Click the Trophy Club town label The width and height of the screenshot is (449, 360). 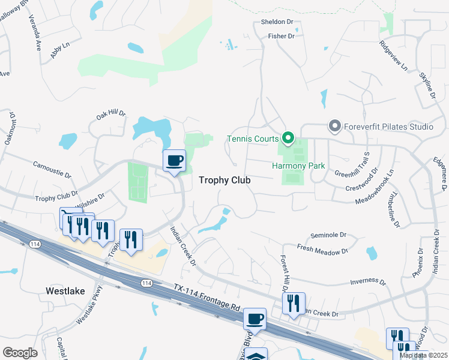pos(224,180)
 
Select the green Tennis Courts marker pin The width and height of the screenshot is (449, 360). pos(288,139)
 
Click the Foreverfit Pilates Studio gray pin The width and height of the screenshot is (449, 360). pos(334,126)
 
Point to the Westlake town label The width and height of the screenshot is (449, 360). pos(66,291)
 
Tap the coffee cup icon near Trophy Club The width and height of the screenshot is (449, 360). pos(175,160)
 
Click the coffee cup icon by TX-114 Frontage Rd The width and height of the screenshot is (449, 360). pos(255,319)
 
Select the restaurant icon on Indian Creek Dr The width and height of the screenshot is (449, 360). pos(294,303)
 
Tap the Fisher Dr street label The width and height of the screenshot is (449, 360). pos(281,37)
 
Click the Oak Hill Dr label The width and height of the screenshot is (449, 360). pos(112,113)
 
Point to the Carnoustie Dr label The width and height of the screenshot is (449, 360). pos(52,170)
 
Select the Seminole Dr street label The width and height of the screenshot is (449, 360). pos(329,235)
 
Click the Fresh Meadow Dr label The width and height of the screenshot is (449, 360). pos(322,249)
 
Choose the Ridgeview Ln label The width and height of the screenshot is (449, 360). pos(393,55)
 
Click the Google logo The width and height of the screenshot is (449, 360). pos(20,352)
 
